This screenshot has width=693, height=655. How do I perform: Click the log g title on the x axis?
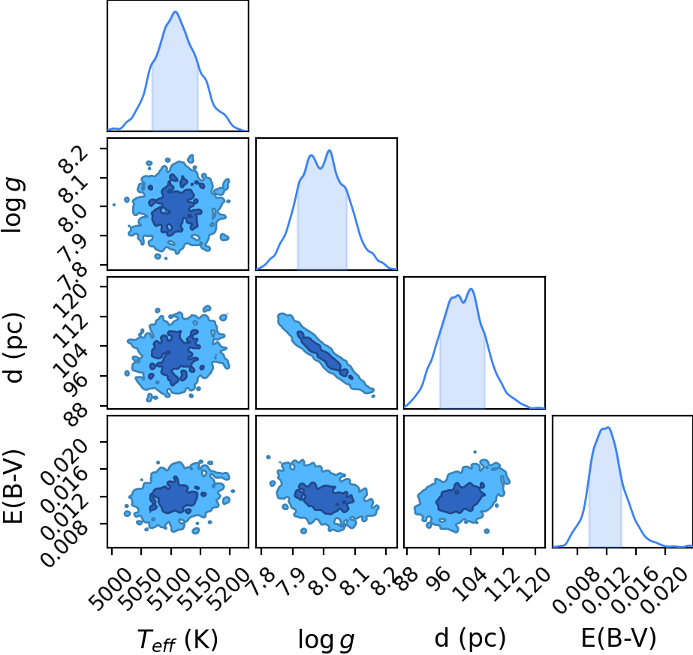coord(326,640)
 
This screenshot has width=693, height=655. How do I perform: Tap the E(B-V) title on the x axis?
coord(619,638)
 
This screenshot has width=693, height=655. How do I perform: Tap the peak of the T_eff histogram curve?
coord(176,11)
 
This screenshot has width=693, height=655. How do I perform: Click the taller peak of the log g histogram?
coord(329,151)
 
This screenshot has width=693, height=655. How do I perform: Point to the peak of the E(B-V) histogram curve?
coord(608,428)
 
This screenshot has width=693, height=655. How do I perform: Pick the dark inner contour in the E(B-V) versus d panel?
coord(460,497)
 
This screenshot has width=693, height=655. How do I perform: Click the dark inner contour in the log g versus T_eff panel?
coord(176,209)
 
